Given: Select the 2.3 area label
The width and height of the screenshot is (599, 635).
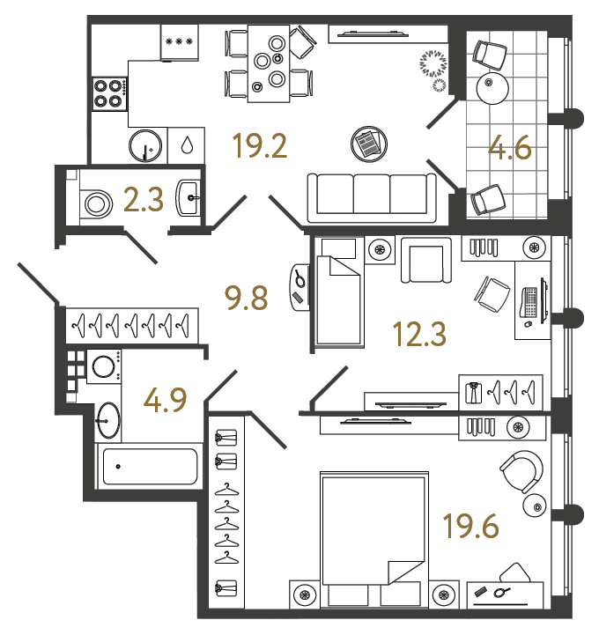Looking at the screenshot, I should click(144, 201).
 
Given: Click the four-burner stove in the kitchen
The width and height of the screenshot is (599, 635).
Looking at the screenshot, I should click(108, 92).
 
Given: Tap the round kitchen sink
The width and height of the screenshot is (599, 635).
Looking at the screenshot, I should click(147, 147).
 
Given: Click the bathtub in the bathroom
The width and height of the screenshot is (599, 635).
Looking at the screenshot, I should click(150, 466).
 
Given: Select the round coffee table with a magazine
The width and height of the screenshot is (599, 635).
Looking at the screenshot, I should click(367, 143).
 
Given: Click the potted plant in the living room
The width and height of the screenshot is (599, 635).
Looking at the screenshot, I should click(433, 63).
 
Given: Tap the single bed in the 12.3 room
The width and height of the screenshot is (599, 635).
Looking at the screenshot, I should click(338, 292).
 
